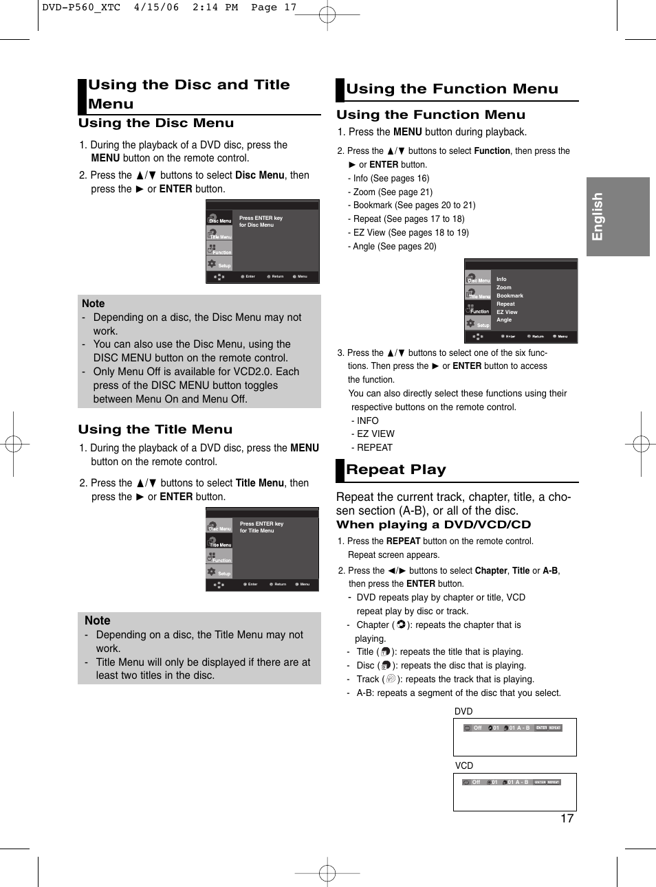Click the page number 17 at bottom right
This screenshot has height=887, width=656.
pyautogui.click(x=567, y=818)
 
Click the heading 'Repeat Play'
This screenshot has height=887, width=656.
pyautogui.click(x=395, y=470)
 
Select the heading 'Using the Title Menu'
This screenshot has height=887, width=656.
pyautogui.click(x=155, y=429)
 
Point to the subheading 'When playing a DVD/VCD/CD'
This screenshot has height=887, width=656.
pyautogui.click(x=433, y=525)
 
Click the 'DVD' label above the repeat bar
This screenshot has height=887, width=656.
pyautogui.click(x=463, y=712)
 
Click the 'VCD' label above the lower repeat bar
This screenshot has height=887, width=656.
pyautogui.click(x=464, y=766)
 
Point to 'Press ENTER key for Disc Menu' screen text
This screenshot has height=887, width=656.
pyautogui.click(x=261, y=221)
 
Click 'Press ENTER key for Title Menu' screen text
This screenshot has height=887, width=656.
pyautogui.click(x=261, y=527)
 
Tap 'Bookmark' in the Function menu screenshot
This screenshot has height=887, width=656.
pyautogui.click(x=510, y=296)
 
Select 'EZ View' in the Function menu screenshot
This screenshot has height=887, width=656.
pyautogui.click(x=507, y=312)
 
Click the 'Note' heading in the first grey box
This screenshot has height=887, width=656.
pyautogui.click(x=94, y=304)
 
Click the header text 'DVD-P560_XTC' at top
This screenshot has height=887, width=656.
pyautogui.click(x=81, y=8)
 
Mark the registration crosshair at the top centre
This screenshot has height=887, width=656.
pyautogui.click(x=327, y=14)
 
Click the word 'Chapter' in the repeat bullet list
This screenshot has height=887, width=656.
pyautogui.click(x=373, y=625)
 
